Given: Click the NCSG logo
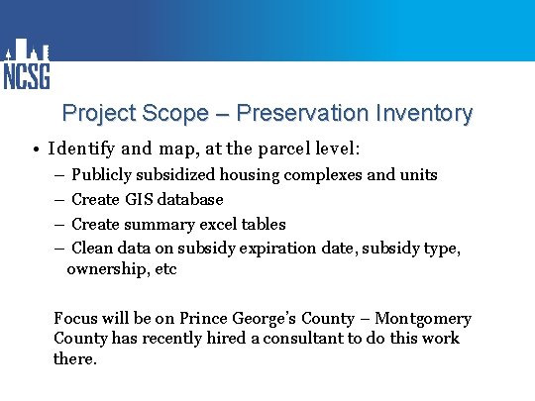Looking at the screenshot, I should [x=27, y=65].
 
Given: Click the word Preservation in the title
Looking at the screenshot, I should [x=308, y=113].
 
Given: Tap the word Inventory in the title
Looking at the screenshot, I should [x=424, y=113].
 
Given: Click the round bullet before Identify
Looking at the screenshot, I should [x=34, y=150].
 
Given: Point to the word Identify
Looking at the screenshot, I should [x=82, y=150].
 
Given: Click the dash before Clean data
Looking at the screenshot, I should [x=58, y=249].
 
